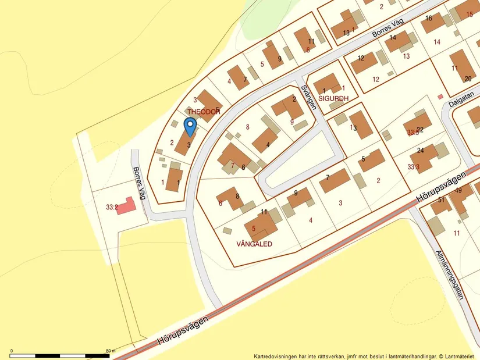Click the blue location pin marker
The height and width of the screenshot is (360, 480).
coord(190,126)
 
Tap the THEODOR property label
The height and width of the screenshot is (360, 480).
coord(204,111)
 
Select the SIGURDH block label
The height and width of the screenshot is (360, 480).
coord(333,99)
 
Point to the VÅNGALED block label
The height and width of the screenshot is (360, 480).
coord(254,244)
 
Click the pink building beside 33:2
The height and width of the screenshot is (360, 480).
coord(126,206)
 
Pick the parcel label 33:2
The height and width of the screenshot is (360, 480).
coord(112,206)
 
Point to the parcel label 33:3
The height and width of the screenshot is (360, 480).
coord(413,167)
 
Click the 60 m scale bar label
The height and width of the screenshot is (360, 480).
coord(111,351)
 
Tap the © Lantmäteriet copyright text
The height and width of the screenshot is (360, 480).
coord(457,356)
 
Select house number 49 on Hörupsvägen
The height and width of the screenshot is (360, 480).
coord(458,190)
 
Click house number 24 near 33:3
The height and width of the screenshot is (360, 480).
coord(421,151)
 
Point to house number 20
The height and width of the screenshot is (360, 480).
coord(468,79)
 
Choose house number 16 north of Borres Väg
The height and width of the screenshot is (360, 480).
coord(429,19)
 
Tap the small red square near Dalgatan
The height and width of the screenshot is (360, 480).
coord(440,96)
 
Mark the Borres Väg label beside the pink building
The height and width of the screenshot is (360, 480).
coord(139,184)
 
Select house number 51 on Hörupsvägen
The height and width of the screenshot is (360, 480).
coord(441,199)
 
